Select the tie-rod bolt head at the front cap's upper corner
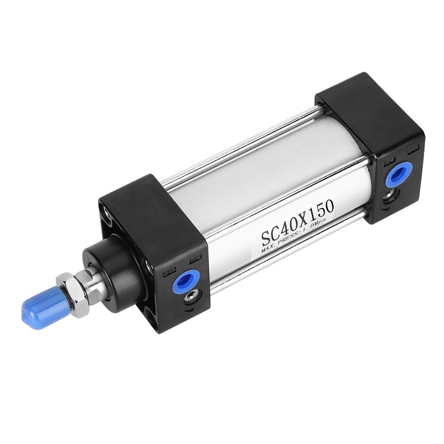coord(106,212)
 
